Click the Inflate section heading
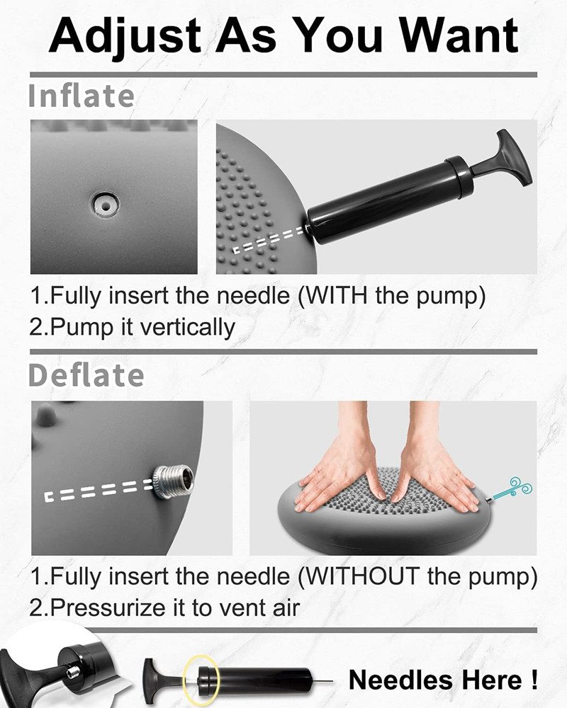[81, 96]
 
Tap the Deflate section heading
[86, 375]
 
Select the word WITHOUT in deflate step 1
[361, 576]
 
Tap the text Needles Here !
[443, 680]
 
